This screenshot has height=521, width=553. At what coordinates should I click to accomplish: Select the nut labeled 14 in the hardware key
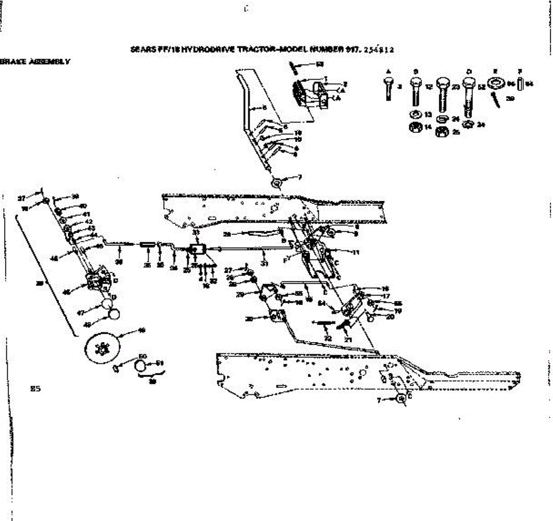[x=414, y=127]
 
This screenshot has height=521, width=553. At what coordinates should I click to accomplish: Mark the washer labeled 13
[x=414, y=114]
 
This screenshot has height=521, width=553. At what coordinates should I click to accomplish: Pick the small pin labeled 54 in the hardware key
[x=519, y=85]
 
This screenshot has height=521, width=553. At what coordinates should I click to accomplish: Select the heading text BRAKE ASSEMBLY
[x=35, y=61]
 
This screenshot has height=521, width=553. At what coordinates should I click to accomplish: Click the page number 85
[x=35, y=389]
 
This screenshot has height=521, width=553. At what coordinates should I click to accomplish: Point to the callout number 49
[x=142, y=330]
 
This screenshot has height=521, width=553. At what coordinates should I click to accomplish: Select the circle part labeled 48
[x=113, y=315]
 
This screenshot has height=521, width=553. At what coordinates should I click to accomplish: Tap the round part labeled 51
[x=140, y=366]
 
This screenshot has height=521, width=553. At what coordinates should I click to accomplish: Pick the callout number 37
[x=21, y=199]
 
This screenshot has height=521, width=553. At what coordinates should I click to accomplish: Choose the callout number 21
[x=348, y=339]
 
